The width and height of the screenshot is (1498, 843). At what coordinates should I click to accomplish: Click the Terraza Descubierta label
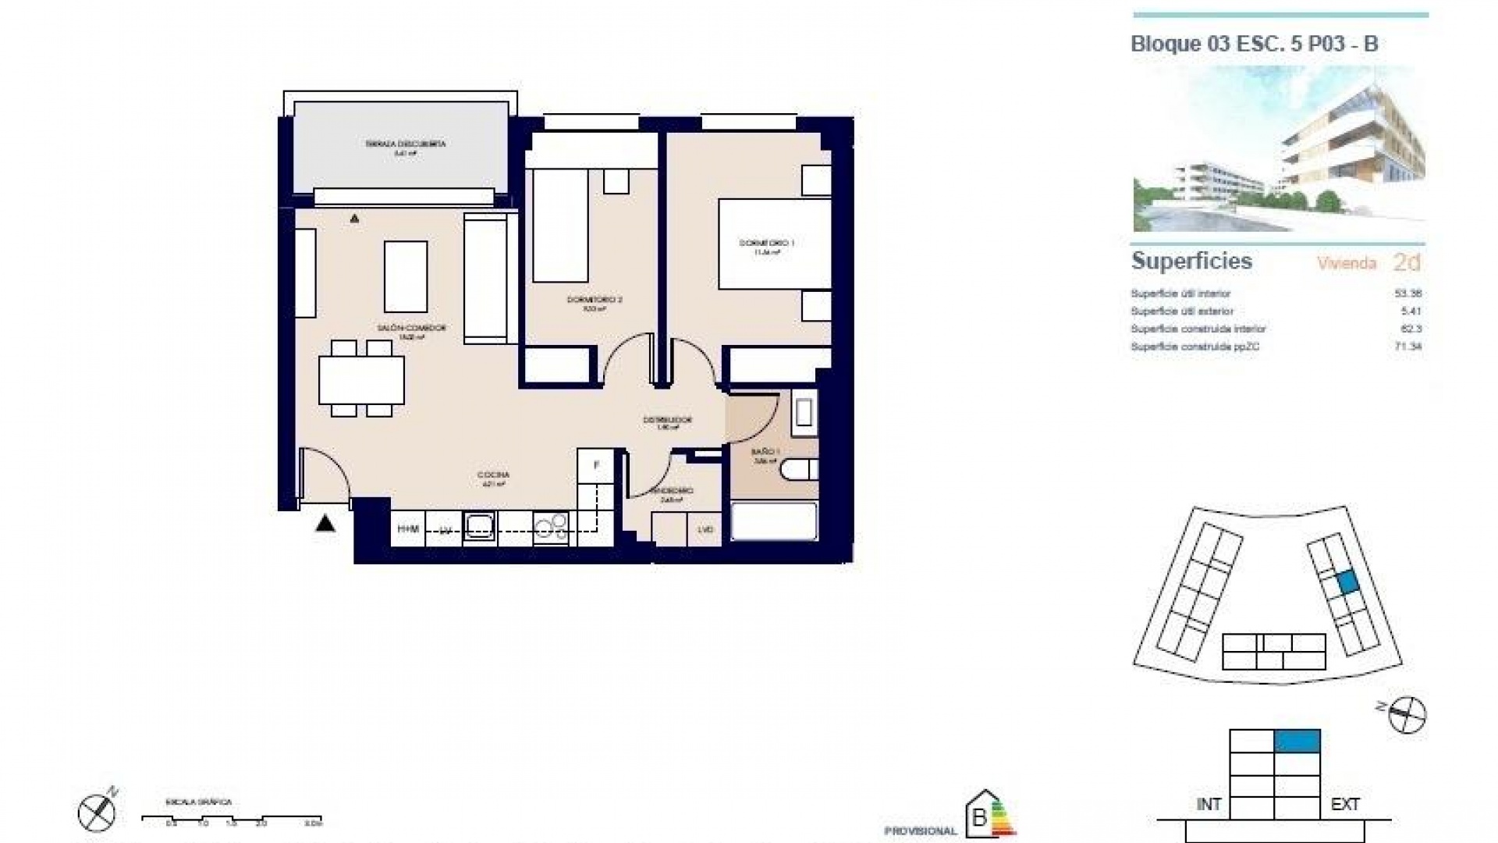coord(405,144)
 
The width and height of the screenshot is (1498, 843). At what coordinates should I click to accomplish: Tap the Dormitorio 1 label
coord(766,244)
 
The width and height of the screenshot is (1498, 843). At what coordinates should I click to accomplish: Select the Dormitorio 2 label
coord(595,300)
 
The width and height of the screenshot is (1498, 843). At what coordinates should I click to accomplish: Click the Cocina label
coord(493,475)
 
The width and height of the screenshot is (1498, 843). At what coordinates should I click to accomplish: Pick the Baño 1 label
coord(765,452)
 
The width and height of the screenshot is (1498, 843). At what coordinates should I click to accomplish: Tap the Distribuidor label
coord(667,420)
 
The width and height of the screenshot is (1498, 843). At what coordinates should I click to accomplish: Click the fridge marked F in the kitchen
coord(597,465)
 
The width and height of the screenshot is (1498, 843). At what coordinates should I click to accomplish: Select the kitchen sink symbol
coord(478,528)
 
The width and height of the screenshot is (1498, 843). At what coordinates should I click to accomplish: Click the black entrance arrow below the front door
coord(325,524)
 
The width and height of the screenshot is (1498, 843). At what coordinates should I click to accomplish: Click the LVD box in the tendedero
coord(705,530)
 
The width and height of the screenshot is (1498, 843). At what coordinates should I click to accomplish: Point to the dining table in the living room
coord(361,379)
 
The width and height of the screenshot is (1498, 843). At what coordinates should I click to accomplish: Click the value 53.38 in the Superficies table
coord(1407,294)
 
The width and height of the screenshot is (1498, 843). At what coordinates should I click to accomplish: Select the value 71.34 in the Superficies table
coord(1407,347)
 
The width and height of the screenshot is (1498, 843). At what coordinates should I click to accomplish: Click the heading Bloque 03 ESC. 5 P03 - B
coord(1254,44)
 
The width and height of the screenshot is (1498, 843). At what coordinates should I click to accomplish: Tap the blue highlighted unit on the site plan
coord(1347,582)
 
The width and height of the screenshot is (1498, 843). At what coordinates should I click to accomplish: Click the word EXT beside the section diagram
coord(1345,804)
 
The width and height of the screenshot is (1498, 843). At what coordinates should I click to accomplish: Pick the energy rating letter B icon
coord(979,818)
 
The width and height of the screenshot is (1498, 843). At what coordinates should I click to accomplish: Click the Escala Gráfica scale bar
coord(232,819)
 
